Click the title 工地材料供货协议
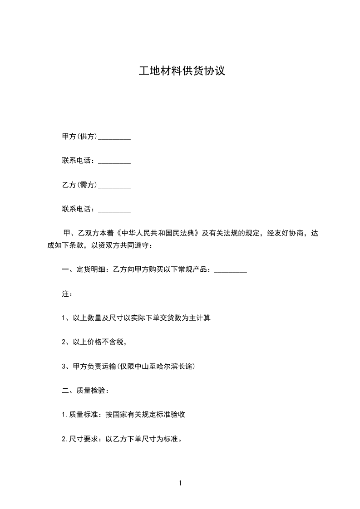(x=182, y=71)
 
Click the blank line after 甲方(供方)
(x=114, y=137)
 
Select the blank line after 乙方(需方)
(x=114, y=186)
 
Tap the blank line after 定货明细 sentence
(x=230, y=271)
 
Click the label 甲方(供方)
(x=79, y=137)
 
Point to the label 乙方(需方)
(x=79, y=185)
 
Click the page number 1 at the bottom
(x=180, y=484)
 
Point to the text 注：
(x=67, y=294)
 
